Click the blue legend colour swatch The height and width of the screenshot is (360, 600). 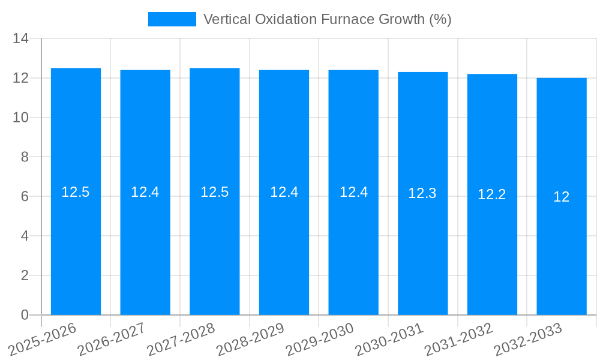coord(172,19)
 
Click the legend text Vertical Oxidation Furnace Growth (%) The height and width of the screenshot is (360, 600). coord(327,19)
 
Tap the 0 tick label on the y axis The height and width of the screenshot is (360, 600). coord(25,315)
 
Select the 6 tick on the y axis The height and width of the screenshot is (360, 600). coord(25,197)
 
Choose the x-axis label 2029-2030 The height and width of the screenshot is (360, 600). coord(319,338)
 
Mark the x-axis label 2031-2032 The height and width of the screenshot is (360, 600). coord(458,338)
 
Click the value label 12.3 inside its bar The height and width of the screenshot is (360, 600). coord(422,193)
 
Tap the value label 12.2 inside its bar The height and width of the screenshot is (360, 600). coord(492,194)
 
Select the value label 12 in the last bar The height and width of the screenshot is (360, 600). coord(562,197)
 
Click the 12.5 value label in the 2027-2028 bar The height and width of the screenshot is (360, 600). coord(215,192)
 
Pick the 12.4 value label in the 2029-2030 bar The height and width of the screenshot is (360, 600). coord(353,192)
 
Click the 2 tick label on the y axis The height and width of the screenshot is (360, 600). coord(25,275)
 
